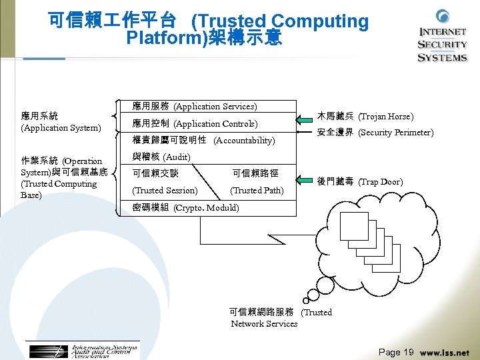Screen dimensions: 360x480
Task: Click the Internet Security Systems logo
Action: (x=442, y=37)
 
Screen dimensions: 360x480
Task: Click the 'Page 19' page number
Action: (x=396, y=352)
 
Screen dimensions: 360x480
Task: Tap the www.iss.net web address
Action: (x=445, y=353)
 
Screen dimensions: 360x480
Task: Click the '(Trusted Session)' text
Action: (x=165, y=190)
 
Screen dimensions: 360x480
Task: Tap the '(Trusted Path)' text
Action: (x=257, y=190)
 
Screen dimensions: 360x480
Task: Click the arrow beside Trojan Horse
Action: (x=305, y=119)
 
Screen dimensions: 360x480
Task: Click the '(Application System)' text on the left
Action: (x=61, y=127)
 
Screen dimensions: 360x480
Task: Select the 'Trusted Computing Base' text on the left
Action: (x=59, y=189)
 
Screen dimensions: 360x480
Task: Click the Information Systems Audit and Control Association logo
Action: (x=83, y=351)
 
